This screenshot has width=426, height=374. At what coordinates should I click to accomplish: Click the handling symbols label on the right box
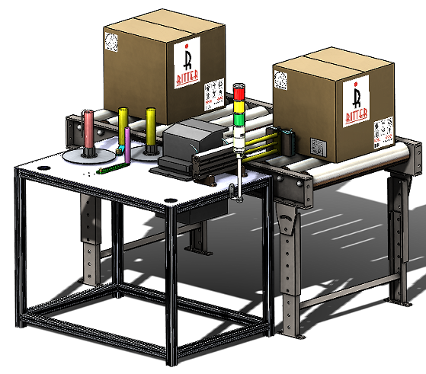pyautogui.click(x=380, y=129)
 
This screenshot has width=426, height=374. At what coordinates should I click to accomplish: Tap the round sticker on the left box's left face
pyautogui.click(x=111, y=41)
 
